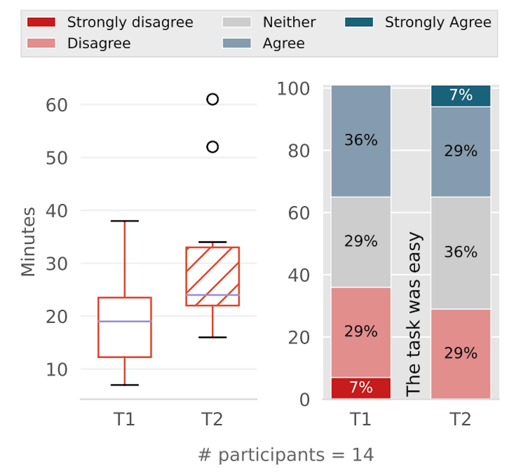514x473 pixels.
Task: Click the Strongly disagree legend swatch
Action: click(41, 22)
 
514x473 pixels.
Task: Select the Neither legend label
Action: click(289, 22)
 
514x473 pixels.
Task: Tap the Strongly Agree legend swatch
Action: click(359, 22)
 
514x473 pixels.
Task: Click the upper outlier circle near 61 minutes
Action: click(213, 99)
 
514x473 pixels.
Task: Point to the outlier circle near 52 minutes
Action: click(213, 147)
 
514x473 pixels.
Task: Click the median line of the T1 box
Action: click(125, 321)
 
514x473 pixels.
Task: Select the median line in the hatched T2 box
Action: click(213, 295)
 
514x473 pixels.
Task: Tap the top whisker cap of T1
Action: click(125, 221)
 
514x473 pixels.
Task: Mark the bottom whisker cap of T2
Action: click(213, 337)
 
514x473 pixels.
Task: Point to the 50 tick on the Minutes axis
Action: click(56, 158)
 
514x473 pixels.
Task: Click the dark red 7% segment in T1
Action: click(361, 388)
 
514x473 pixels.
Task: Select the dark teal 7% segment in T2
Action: click(460, 96)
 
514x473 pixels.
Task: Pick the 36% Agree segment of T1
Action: click(361, 140)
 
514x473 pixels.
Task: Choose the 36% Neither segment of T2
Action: click(460, 252)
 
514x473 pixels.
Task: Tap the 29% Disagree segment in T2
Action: click(460, 353)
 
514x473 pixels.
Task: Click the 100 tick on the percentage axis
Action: click(293, 89)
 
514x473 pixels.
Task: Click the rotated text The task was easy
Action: click(414, 314)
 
